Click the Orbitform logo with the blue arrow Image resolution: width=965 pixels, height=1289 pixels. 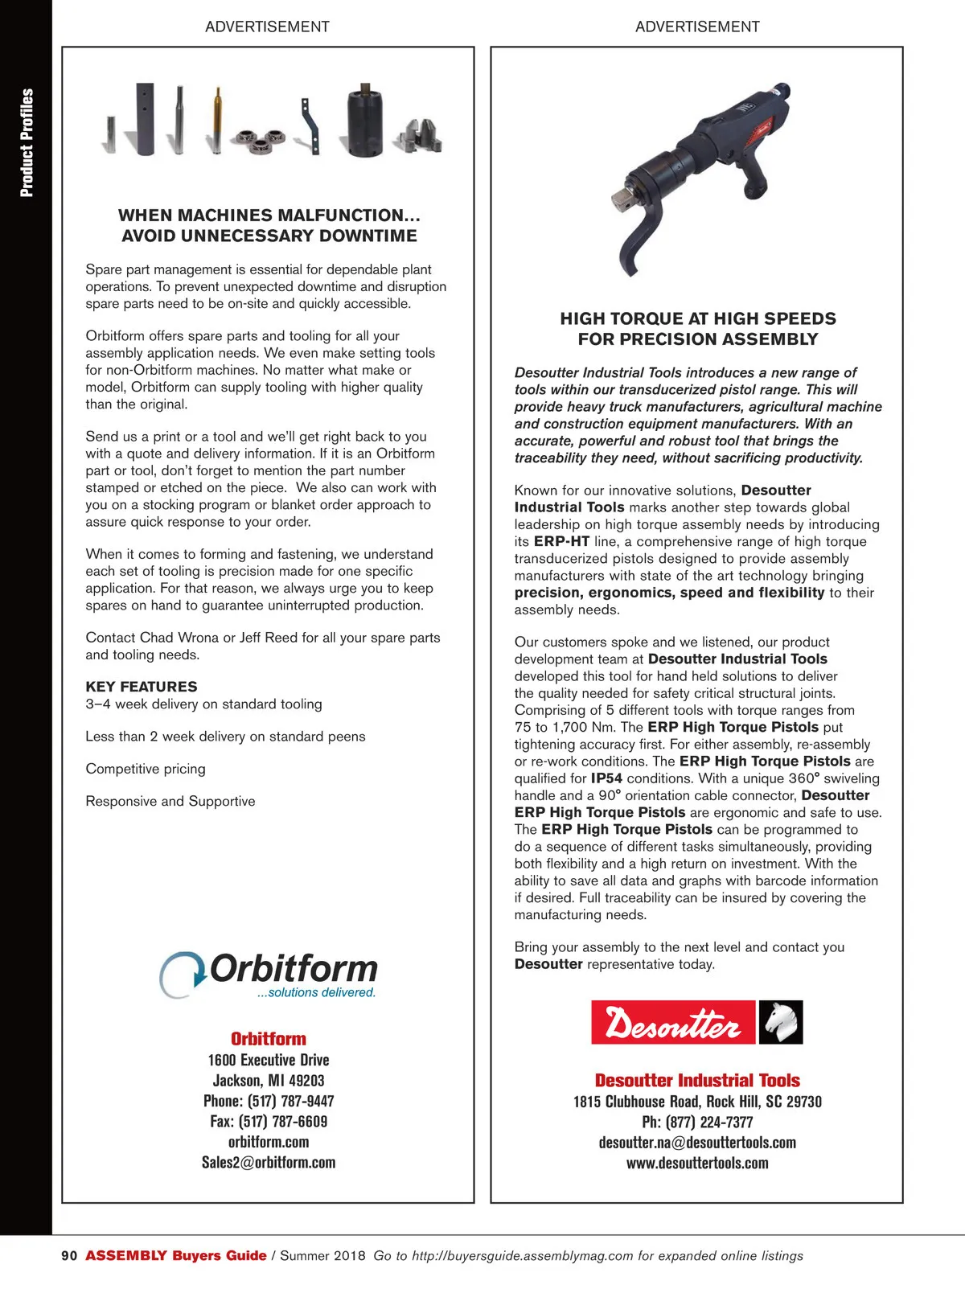268,974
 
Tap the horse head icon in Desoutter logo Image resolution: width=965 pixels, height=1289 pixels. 781,1022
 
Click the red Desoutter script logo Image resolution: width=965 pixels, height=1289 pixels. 673,1023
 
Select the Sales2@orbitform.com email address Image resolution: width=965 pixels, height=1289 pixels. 269,1163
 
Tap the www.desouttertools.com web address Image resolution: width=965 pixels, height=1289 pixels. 697,1164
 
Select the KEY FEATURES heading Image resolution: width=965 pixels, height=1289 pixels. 142,687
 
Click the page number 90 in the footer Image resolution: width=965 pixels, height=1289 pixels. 69,1255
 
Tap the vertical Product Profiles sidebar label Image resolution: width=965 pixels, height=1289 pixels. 27,142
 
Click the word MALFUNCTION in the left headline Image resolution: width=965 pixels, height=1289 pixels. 348,216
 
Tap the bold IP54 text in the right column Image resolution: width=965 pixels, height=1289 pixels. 606,778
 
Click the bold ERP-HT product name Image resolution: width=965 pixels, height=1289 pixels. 561,541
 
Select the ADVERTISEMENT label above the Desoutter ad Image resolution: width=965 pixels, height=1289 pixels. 697,27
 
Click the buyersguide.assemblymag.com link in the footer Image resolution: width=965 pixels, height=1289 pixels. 523,1256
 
